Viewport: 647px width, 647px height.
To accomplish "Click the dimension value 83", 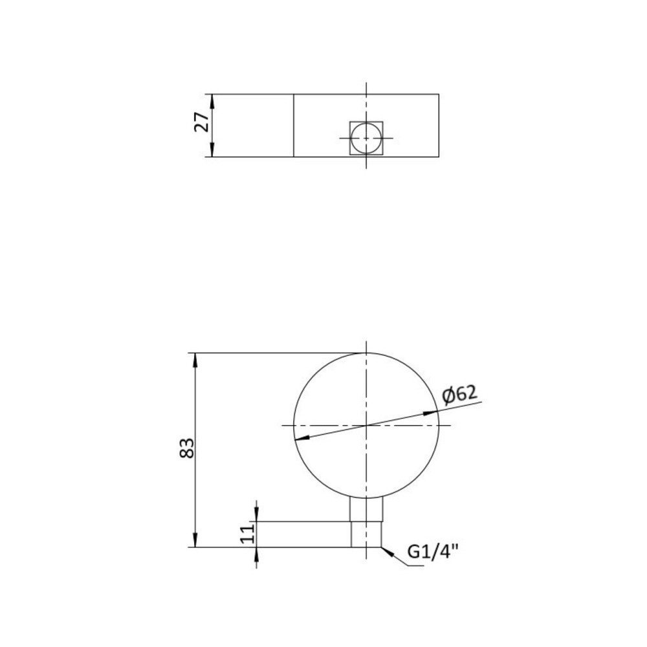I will coord(187,448).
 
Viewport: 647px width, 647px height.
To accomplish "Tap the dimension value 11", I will coord(245,534).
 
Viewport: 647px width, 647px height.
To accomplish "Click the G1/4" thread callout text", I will coord(433,552).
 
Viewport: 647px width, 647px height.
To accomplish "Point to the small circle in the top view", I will coord(366,138).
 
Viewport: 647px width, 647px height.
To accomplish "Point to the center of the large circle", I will coord(366,425).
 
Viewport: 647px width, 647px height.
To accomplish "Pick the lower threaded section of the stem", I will coord(366,534).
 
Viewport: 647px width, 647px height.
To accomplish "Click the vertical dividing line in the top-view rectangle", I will coord(294,126).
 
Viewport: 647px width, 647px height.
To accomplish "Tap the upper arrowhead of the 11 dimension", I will coord(257,515).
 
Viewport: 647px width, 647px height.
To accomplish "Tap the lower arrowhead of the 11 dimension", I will coord(257,553).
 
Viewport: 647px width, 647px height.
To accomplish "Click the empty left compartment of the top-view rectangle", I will coord(253,126).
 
